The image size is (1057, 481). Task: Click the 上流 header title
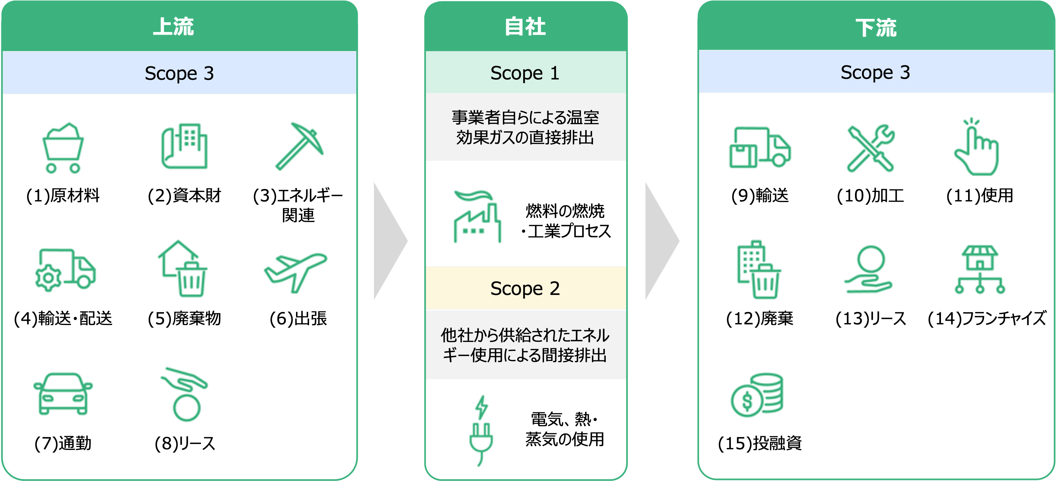tap(173, 27)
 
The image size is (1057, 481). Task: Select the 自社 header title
tap(525, 27)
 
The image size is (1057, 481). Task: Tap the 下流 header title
tap(876, 28)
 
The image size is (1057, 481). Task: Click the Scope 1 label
tap(525, 73)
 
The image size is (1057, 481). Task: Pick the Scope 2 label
tap(525, 288)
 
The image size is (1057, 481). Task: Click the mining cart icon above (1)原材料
tap(63, 148)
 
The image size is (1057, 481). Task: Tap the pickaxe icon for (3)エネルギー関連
tap(299, 146)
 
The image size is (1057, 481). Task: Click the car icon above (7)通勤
tap(63, 394)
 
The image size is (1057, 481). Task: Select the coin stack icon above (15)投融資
tap(757, 395)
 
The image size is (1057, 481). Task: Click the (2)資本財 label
tap(184, 196)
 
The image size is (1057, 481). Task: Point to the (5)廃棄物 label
tap(184, 319)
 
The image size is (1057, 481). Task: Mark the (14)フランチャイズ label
tap(987, 319)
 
